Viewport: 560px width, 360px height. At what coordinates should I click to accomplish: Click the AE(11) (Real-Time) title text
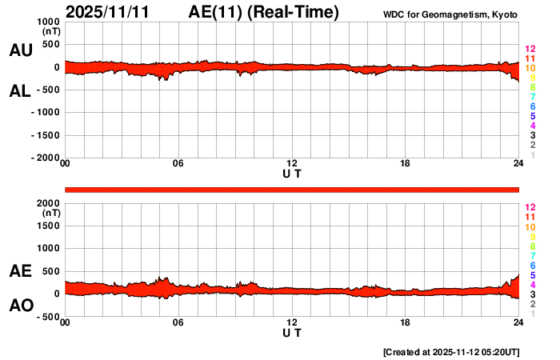[263, 12]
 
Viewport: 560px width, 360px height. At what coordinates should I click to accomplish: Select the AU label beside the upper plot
[21, 50]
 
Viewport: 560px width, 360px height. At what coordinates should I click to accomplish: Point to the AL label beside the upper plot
[21, 91]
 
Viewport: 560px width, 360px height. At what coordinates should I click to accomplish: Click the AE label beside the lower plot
[21, 271]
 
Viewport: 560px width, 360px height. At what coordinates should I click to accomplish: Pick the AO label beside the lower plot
[21, 305]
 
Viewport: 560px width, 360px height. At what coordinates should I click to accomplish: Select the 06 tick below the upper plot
[178, 164]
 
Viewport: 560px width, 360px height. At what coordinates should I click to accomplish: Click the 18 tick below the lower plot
[406, 322]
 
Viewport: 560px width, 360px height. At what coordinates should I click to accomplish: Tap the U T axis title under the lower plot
[292, 331]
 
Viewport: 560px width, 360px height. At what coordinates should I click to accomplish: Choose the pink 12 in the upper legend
[530, 50]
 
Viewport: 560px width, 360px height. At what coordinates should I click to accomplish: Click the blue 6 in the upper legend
[532, 106]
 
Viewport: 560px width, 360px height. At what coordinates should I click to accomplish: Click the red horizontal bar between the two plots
[292, 189]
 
